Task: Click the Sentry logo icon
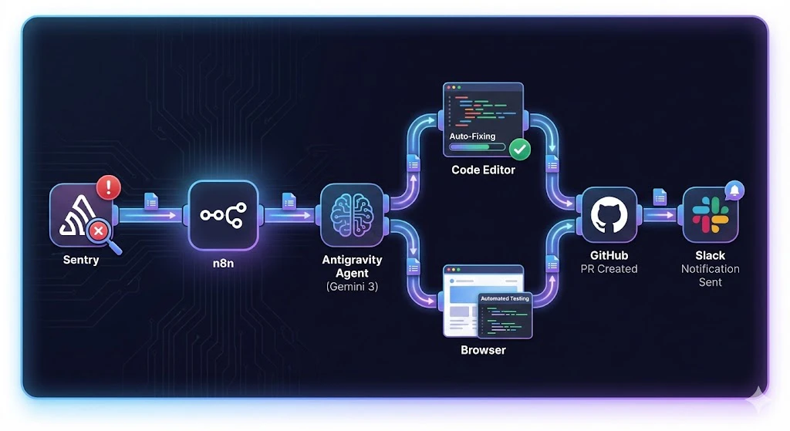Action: point(80,215)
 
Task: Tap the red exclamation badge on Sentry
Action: point(108,187)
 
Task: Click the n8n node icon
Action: point(223,215)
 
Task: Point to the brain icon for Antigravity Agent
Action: point(352,215)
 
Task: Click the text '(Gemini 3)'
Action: point(352,287)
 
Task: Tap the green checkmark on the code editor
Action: point(519,149)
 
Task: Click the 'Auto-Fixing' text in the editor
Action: point(472,136)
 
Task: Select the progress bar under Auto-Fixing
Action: point(477,147)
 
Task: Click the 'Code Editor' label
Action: point(483,170)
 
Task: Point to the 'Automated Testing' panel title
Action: point(505,298)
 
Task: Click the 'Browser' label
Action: point(483,350)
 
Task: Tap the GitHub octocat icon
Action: point(609,214)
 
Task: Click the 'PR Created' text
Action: point(609,269)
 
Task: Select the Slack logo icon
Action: point(711,214)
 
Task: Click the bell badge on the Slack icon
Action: point(734,190)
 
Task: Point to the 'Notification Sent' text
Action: point(711,275)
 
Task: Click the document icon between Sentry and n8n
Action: point(151,201)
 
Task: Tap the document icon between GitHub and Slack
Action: point(660,197)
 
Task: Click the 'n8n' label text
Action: point(223,264)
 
